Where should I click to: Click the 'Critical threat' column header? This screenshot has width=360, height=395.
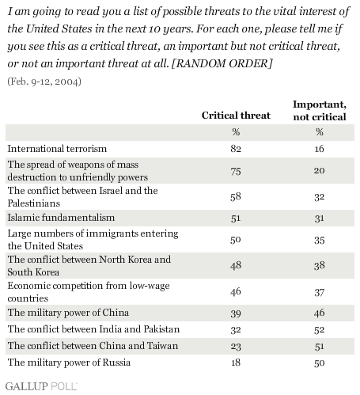point(236,116)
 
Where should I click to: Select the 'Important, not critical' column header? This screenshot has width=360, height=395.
point(320,111)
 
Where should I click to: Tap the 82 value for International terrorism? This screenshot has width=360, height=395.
point(236,149)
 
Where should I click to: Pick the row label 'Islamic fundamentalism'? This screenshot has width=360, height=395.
point(61,218)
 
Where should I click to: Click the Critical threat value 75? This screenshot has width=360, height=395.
point(236,171)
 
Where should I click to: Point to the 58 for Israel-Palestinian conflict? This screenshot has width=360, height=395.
point(236,197)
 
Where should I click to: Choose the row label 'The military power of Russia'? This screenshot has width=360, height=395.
point(69,363)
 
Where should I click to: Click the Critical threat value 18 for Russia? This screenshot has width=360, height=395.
point(236,363)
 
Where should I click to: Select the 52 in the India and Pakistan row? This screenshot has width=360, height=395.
point(320,330)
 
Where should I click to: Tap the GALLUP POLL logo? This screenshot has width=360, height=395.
point(41,386)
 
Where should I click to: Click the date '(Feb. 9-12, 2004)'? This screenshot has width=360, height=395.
point(44,82)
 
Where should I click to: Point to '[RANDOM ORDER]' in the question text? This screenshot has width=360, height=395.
point(222,63)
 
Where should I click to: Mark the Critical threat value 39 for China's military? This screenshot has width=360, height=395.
point(236,313)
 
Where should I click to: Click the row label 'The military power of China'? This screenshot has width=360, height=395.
point(68,313)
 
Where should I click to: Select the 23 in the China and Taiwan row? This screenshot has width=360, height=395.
point(236,346)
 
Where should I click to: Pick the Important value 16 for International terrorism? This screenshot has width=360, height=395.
point(320,149)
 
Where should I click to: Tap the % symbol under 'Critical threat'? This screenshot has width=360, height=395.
point(236,132)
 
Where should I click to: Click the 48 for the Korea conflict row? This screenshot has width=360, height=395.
point(236,265)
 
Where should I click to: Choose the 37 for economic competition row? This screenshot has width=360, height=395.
point(320,292)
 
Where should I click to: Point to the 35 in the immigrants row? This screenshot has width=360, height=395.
point(320,240)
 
